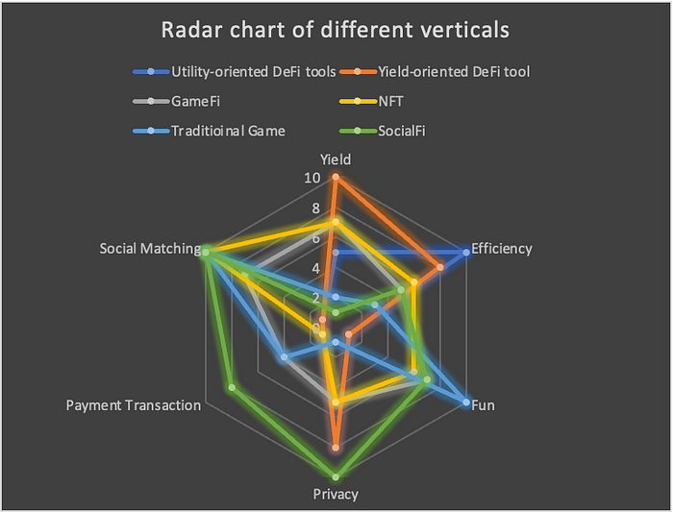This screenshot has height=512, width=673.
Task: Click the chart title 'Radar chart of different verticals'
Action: [x=336, y=30]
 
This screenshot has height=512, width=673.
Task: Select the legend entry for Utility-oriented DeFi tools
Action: [x=235, y=72]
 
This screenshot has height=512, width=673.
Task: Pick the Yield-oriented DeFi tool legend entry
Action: [x=435, y=72]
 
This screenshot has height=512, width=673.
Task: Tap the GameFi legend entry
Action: [x=176, y=101]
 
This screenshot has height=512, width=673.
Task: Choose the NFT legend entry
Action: [x=372, y=101]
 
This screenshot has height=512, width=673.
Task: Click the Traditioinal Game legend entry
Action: [x=209, y=131]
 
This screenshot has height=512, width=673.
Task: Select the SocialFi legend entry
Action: [x=383, y=131]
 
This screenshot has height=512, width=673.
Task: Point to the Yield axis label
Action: [x=336, y=159]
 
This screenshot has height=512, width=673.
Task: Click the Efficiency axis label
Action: [x=502, y=249]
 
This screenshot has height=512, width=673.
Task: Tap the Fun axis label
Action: [x=483, y=405]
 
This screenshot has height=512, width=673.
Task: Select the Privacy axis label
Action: [x=336, y=495]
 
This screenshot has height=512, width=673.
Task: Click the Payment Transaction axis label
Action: [x=134, y=405]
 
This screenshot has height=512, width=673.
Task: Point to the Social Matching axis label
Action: [x=150, y=249]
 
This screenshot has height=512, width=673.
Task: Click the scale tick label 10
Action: [x=312, y=178]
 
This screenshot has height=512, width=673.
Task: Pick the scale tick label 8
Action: [x=316, y=208]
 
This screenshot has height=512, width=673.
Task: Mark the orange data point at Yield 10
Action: [x=336, y=177]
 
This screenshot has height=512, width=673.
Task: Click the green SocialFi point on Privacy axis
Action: [x=336, y=476]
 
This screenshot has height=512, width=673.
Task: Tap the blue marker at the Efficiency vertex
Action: [x=466, y=253]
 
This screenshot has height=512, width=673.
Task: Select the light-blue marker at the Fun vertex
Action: [x=466, y=402]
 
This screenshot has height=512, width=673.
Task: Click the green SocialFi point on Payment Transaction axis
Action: [x=232, y=388]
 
